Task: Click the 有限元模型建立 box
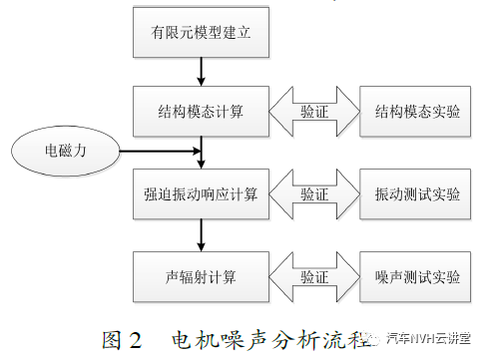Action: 201,32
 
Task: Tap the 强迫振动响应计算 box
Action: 201,193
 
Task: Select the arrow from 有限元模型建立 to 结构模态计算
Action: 202,71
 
